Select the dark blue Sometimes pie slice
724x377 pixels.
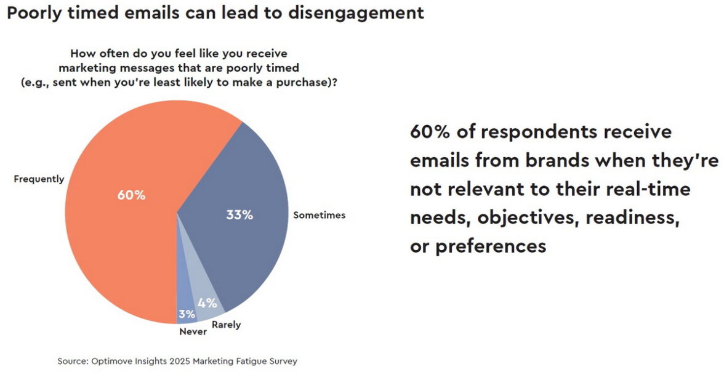click(246, 185)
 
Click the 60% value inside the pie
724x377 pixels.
click(131, 195)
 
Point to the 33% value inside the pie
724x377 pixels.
click(239, 215)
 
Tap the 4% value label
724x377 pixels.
click(207, 302)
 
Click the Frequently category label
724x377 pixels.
click(39, 179)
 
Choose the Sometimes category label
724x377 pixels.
click(319, 215)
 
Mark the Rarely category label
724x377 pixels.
click(226, 325)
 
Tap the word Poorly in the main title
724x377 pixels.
click(30, 13)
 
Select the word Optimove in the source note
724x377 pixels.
click(111, 361)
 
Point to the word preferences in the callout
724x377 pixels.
click(491, 246)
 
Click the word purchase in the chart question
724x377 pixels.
click(308, 82)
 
